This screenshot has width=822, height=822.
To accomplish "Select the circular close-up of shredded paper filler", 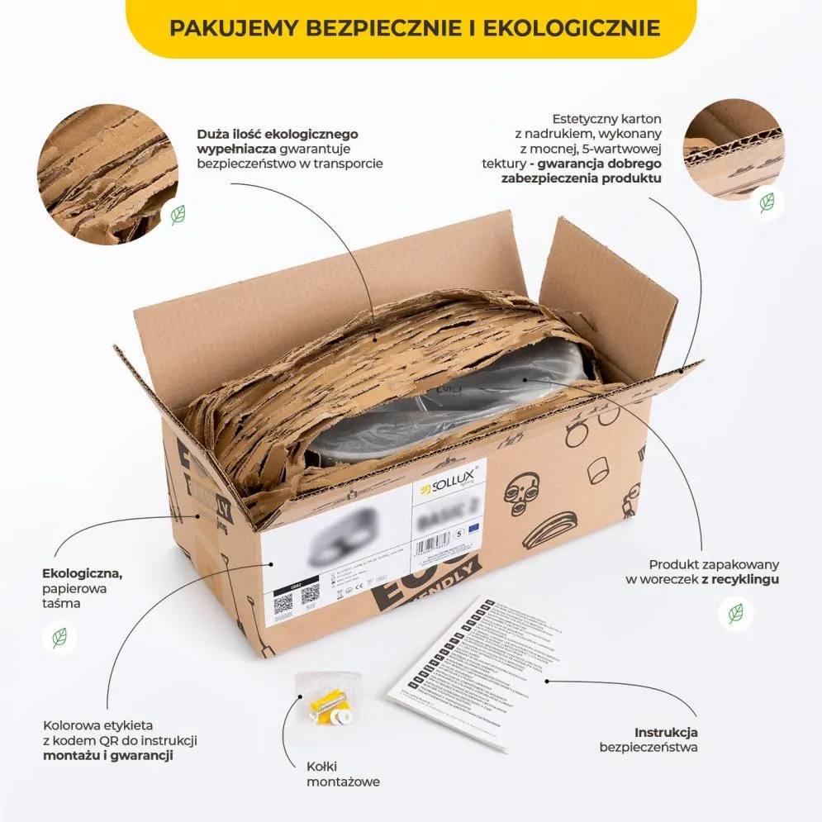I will (107, 173).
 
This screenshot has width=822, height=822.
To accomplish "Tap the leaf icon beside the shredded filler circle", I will (178, 215).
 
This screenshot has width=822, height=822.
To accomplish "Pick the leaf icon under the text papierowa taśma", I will (59, 637).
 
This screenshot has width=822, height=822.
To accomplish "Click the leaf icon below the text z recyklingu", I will (734, 613).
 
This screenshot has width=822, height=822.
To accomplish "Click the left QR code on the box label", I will (283, 601).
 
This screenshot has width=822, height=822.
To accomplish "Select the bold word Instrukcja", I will (666, 732).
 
